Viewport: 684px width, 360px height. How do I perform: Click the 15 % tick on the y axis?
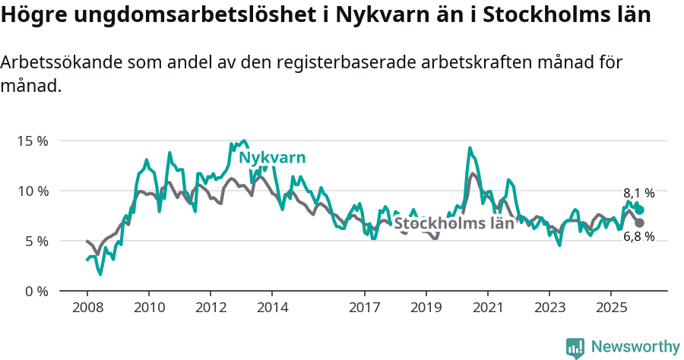[x=32, y=141]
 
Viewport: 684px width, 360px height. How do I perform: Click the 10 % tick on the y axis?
[x=32, y=191]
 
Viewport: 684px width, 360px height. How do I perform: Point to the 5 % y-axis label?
[x=35, y=241]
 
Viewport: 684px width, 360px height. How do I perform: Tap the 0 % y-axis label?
[x=35, y=291]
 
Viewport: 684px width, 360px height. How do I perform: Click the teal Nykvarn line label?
[x=272, y=158]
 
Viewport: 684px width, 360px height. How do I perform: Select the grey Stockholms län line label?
[x=454, y=223]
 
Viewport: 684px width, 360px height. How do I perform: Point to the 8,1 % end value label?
[x=638, y=194]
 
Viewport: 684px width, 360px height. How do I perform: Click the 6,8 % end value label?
[x=638, y=236]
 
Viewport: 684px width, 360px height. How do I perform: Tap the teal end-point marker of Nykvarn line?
[x=639, y=210]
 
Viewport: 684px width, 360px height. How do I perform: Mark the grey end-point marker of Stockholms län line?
[x=639, y=223]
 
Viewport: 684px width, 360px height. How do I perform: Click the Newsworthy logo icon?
[x=575, y=347]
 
